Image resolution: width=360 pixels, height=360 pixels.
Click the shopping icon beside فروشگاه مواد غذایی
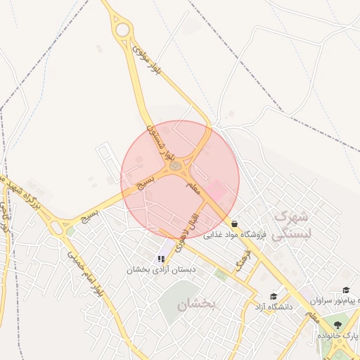[234, 224]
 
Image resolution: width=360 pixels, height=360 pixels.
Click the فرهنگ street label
[243, 262]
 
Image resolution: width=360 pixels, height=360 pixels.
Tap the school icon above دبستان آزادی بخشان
[161, 259]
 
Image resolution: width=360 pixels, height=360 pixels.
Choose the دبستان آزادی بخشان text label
[161, 270]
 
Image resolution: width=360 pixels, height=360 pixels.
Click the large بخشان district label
[195, 304]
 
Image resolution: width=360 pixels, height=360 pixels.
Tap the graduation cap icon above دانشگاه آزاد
[273, 296]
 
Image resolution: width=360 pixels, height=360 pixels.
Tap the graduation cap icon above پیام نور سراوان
[346, 290]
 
